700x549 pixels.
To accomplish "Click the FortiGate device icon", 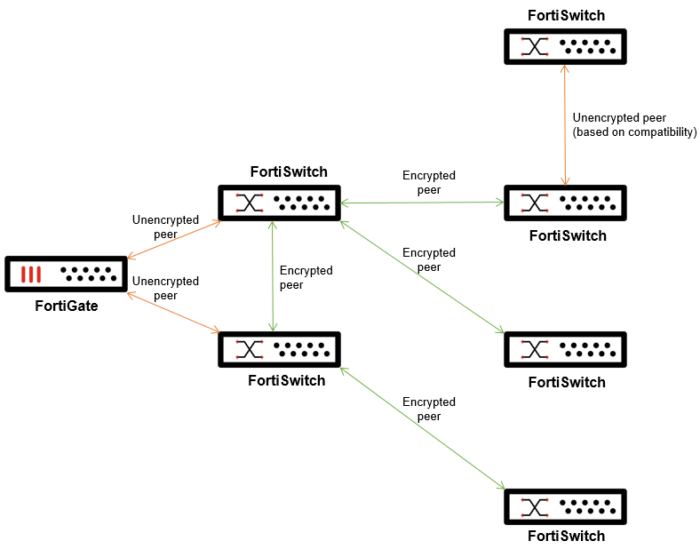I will click(x=65, y=274).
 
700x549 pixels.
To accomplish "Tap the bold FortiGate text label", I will click(x=66, y=306).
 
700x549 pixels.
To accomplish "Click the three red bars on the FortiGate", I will click(x=31, y=274).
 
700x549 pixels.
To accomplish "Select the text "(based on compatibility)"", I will click(x=635, y=131).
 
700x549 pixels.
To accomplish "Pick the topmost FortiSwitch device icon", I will click(x=565, y=46).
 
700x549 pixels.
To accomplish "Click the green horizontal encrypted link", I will click(x=422, y=203).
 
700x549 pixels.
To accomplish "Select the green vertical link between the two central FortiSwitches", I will click(x=272, y=276).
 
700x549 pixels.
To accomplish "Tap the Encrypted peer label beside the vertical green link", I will click(x=306, y=277).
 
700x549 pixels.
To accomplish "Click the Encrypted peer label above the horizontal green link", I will click(x=428, y=182).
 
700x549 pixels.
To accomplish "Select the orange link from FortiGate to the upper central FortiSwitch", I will click(x=174, y=240).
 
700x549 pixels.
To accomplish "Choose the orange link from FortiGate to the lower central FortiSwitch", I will click(x=174, y=309).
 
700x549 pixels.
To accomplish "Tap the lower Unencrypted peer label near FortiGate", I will click(x=165, y=288).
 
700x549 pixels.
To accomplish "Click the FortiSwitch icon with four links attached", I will click(x=280, y=203).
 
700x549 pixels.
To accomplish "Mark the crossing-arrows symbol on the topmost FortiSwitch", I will click(x=535, y=46).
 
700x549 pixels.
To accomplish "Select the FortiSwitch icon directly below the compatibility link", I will click(x=565, y=203).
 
